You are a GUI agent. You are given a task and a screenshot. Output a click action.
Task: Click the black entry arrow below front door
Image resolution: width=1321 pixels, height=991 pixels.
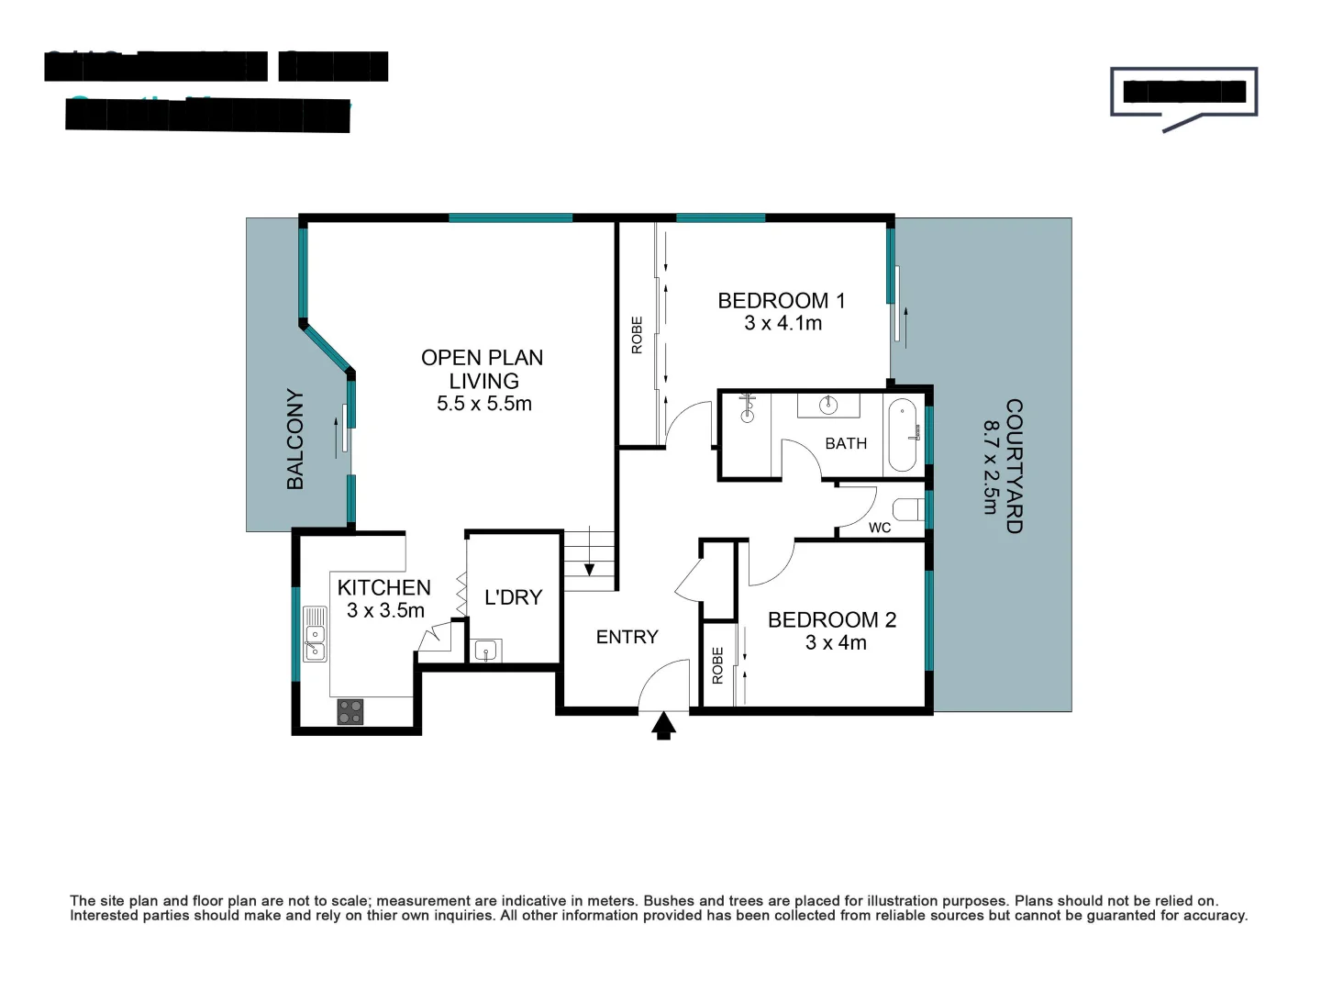(663, 727)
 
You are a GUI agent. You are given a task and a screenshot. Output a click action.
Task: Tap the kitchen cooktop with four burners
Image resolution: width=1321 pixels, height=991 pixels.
(350, 711)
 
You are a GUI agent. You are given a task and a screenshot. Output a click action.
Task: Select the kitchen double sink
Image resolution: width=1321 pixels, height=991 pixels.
(315, 633)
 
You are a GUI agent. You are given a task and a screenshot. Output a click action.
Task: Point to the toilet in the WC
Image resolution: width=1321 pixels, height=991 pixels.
(907, 509)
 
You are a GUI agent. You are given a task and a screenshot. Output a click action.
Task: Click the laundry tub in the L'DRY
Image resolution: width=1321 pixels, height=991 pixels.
(486, 651)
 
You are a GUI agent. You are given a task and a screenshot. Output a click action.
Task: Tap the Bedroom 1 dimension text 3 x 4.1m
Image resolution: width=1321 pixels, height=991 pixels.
(783, 323)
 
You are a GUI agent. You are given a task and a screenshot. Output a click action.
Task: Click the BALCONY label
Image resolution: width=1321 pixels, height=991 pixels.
(295, 439)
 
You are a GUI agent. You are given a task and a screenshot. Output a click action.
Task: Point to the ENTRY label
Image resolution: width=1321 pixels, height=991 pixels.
(627, 637)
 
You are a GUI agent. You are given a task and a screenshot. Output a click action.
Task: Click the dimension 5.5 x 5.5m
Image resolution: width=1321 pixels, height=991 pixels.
(483, 404)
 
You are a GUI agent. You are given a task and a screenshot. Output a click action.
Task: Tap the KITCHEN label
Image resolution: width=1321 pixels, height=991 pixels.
(383, 587)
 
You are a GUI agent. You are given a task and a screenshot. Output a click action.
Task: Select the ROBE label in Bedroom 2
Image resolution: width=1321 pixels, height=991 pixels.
(717, 665)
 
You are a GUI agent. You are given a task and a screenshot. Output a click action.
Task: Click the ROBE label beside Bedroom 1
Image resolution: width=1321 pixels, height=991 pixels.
(637, 335)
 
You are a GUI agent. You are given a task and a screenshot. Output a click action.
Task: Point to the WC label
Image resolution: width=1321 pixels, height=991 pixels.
(879, 528)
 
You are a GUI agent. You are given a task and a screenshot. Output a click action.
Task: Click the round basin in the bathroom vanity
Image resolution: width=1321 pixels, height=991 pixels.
(827, 405)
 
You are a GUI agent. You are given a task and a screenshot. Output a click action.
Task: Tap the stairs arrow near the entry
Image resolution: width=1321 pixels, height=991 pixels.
(589, 569)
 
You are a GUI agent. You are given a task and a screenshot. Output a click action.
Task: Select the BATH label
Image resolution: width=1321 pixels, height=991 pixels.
(845, 443)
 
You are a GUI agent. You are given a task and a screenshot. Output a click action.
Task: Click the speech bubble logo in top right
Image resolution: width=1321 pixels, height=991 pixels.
(1182, 95)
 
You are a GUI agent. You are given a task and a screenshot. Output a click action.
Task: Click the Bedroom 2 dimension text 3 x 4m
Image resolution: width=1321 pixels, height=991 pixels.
(835, 642)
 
